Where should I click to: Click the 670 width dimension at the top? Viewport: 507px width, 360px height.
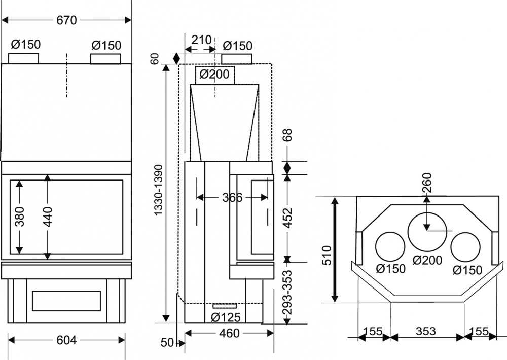(x=66, y=20)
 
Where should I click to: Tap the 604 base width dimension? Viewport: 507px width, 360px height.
(x=66, y=340)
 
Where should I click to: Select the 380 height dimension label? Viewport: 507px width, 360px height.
(x=19, y=217)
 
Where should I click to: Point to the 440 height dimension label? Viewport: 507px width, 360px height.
(x=48, y=217)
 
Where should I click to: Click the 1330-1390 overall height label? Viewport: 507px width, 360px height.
(x=159, y=190)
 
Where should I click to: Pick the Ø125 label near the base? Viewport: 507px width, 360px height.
(x=226, y=317)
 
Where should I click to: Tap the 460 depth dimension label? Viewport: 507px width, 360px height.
(x=229, y=333)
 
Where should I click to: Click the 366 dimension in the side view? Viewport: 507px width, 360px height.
(x=232, y=197)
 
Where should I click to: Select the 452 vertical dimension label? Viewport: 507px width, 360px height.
(x=287, y=218)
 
